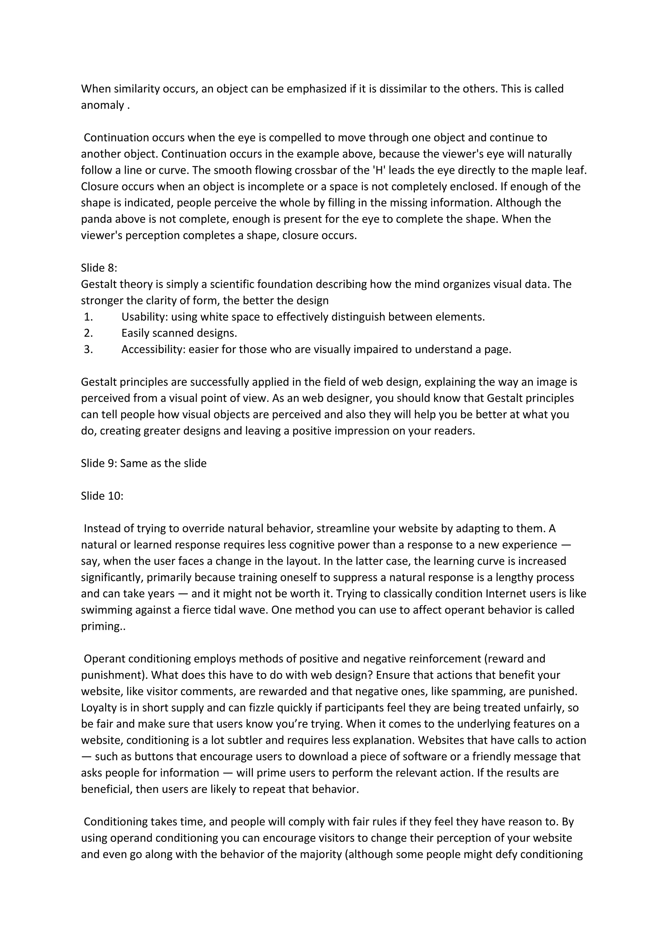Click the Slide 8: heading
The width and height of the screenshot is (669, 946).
coord(99,268)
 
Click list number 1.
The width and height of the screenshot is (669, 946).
coord(88,317)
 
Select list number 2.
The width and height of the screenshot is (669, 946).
coord(88,333)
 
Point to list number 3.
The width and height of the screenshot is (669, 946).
coord(88,350)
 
